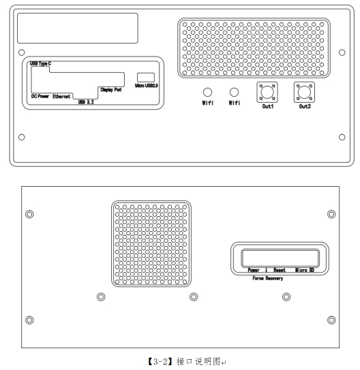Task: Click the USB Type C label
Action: point(40,63)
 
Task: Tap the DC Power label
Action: point(40,96)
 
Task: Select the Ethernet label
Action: point(61,96)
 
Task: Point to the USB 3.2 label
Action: point(86,102)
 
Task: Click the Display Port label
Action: point(111,90)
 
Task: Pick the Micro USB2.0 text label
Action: point(147,85)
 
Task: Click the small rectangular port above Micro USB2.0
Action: point(146,78)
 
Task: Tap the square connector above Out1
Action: point(267,92)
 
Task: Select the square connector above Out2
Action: point(304,92)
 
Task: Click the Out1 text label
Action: point(268,106)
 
